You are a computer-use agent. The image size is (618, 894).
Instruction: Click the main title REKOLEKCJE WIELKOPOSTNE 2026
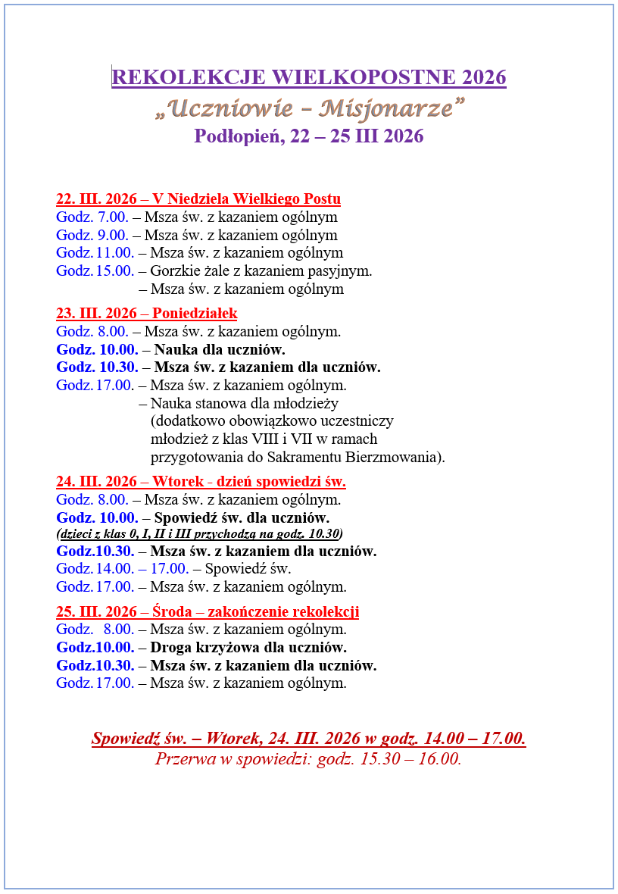click(x=308, y=77)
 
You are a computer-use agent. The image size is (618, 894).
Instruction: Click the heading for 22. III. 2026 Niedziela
click(x=198, y=199)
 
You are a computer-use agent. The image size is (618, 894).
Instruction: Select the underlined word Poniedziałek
click(x=195, y=314)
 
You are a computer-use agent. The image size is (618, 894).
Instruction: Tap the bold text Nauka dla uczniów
click(x=220, y=350)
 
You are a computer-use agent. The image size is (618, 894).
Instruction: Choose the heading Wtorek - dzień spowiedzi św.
click(x=248, y=482)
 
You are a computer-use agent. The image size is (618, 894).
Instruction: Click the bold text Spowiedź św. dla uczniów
click(x=242, y=518)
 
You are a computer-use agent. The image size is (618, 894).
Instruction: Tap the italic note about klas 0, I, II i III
click(x=199, y=533)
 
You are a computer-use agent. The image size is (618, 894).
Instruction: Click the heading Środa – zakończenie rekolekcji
click(x=255, y=612)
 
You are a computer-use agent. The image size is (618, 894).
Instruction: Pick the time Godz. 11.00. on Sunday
click(x=95, y=253)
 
